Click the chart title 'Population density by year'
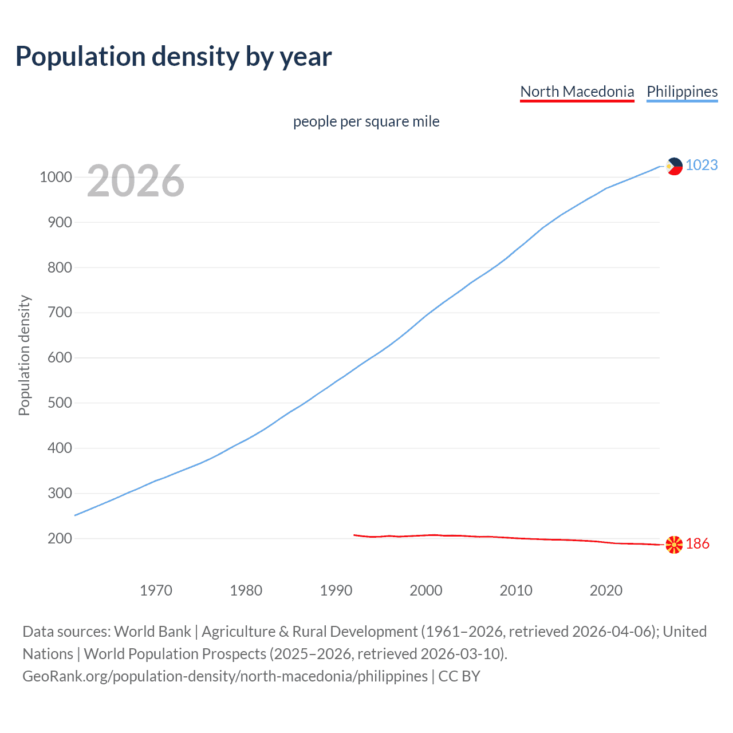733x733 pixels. coord(174,57)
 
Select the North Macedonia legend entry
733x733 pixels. coord(577,92)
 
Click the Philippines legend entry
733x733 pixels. coord(681,92)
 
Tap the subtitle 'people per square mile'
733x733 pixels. coord(366,121)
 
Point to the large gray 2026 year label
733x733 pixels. coord(136,181)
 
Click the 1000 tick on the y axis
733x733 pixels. coord(56,177)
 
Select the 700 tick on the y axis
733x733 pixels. coord(60,313)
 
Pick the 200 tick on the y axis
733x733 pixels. coord(60,538)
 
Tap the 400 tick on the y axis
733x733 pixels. coord(60,448)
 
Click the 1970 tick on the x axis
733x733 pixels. coord(156,590)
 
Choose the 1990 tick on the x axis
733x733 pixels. coord(336,590)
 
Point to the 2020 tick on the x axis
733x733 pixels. coord(606,590)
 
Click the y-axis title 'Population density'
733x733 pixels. coord(24,355)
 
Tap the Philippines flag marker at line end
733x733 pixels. coord(674,166)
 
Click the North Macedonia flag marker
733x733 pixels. coord(674,544)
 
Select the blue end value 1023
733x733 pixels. coord(702,165)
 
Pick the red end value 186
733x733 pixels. coord(697,543)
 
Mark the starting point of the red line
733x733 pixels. coord(354,535)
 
